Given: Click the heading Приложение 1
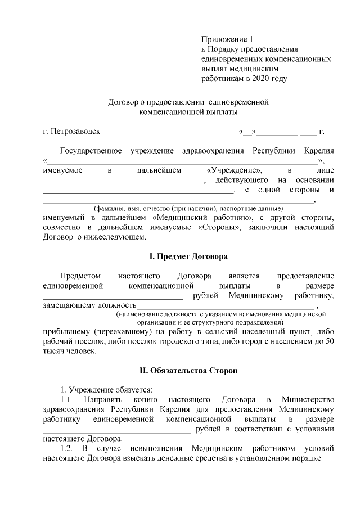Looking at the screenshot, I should (x=228, y=39).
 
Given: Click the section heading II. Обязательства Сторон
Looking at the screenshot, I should (x=188, y=371).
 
